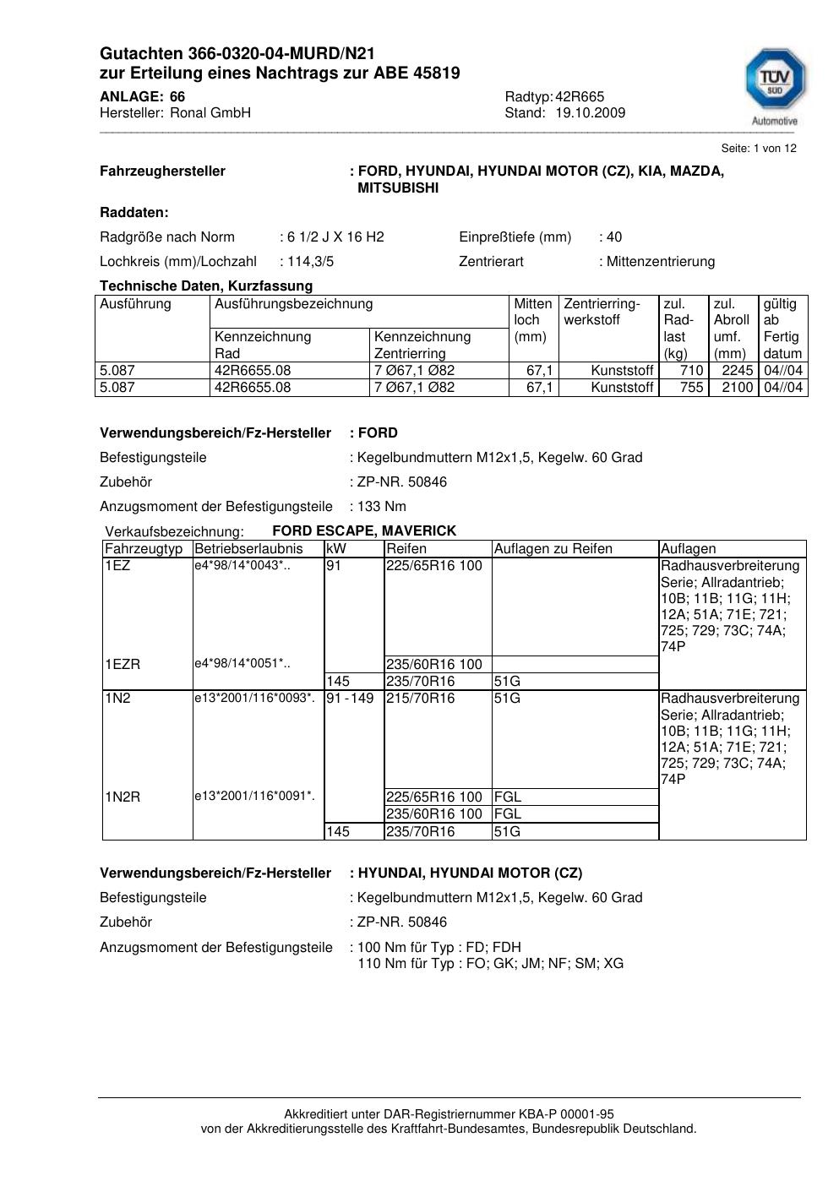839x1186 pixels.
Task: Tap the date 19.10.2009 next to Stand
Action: (x=590, y=113)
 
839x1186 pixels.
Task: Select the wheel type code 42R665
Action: (x=580, y=97)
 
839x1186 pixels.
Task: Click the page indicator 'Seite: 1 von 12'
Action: (x=759, y=149)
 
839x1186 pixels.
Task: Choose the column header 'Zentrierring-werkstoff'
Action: (x=602, y=312)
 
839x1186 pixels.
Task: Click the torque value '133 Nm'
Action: (x=382, y=507)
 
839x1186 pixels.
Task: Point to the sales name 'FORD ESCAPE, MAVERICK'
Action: (x=364, y=531)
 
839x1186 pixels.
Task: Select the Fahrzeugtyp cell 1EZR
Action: (x=123, y=665)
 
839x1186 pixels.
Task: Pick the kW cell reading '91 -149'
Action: (x=350, y=699)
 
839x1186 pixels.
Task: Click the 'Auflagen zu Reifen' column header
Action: (x=553, y=549)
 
